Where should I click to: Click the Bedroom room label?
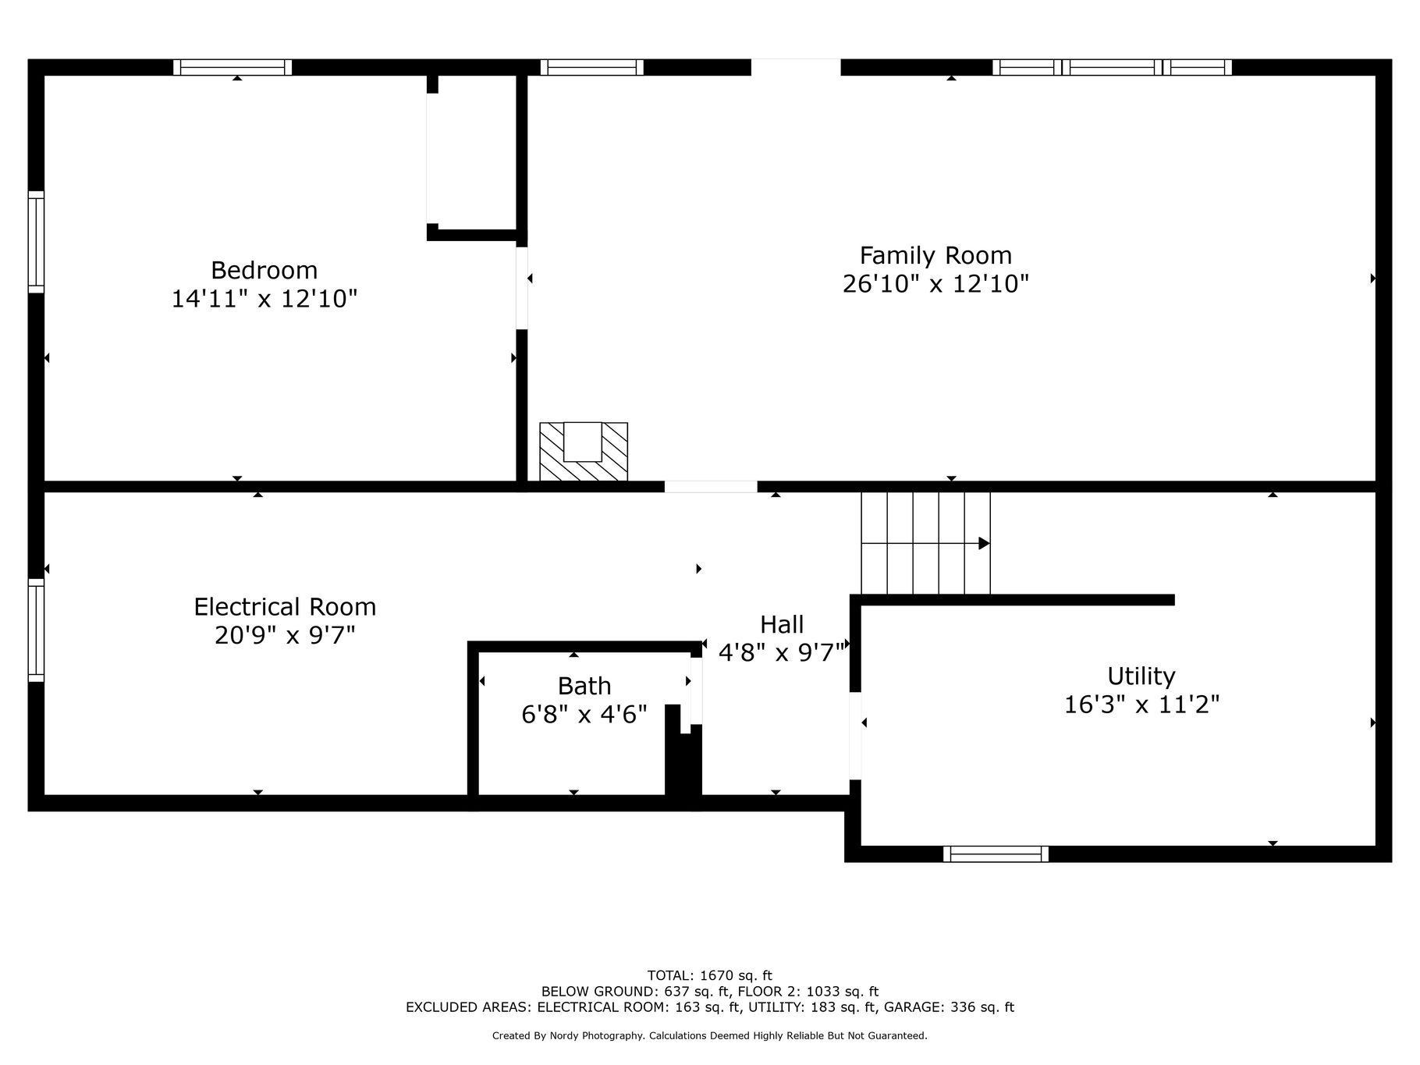[264, 271]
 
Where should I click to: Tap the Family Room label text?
[935, 256]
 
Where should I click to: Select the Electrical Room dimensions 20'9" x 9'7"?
[285, 635]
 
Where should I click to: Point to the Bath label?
[584, 686]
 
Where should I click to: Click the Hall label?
[782, 624]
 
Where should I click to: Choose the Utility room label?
[1141, 676]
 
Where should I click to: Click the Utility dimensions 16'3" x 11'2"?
[1141, 705]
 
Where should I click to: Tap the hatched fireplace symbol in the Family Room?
[584, 452]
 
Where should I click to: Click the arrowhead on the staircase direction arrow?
[985, 543]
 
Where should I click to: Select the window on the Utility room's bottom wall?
[996, 854]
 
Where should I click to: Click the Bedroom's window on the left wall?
[36, 242]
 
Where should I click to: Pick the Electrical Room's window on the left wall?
[36, 630]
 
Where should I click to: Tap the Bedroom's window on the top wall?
[233, 67]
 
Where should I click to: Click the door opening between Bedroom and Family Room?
[522, 288]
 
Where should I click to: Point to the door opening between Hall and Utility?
[855, 736]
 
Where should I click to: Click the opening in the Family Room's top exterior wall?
[796, 67]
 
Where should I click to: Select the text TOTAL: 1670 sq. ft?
[710, 974]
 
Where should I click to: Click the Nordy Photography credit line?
[710, 1035]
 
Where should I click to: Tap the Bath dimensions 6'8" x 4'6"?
[584, 714]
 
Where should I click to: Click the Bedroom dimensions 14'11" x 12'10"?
[264, 299]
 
